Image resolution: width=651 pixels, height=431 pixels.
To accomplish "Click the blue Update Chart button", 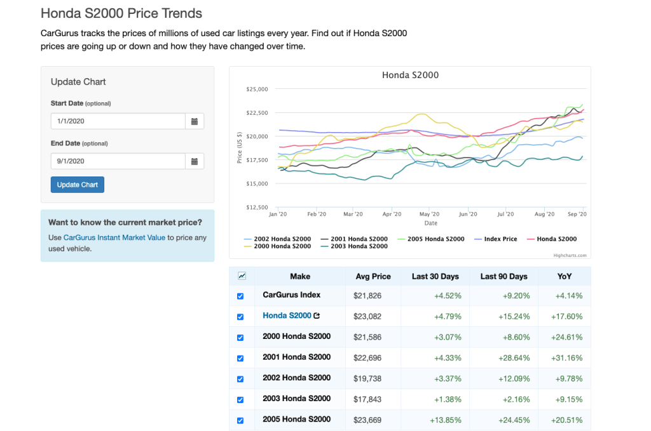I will point(77,185).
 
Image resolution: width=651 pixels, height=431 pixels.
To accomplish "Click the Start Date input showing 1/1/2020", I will point(118,121).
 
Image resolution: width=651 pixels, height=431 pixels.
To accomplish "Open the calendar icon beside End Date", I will point(195,161).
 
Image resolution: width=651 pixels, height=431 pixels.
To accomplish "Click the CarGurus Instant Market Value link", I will point(114,237).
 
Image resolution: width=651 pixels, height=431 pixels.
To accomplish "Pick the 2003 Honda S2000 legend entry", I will point(359,246).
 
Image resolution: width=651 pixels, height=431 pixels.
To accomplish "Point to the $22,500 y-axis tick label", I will point(257,113).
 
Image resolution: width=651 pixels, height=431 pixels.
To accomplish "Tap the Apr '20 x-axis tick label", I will point(392,215).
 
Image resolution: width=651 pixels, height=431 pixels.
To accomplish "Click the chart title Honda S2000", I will point(410,75).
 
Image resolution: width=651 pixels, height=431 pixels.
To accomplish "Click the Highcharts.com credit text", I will point(571,255).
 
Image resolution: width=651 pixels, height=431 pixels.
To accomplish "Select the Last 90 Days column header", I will point(504,276).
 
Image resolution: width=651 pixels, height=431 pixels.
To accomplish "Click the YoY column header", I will point(564,276).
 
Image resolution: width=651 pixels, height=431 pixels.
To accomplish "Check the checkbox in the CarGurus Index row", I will point(240,296).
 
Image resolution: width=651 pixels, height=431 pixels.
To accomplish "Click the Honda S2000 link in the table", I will point(287,315).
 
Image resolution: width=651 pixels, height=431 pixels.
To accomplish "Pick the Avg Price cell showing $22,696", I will point(367,358).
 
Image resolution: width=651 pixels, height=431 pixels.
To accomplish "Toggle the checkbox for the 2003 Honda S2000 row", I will point(240,400).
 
